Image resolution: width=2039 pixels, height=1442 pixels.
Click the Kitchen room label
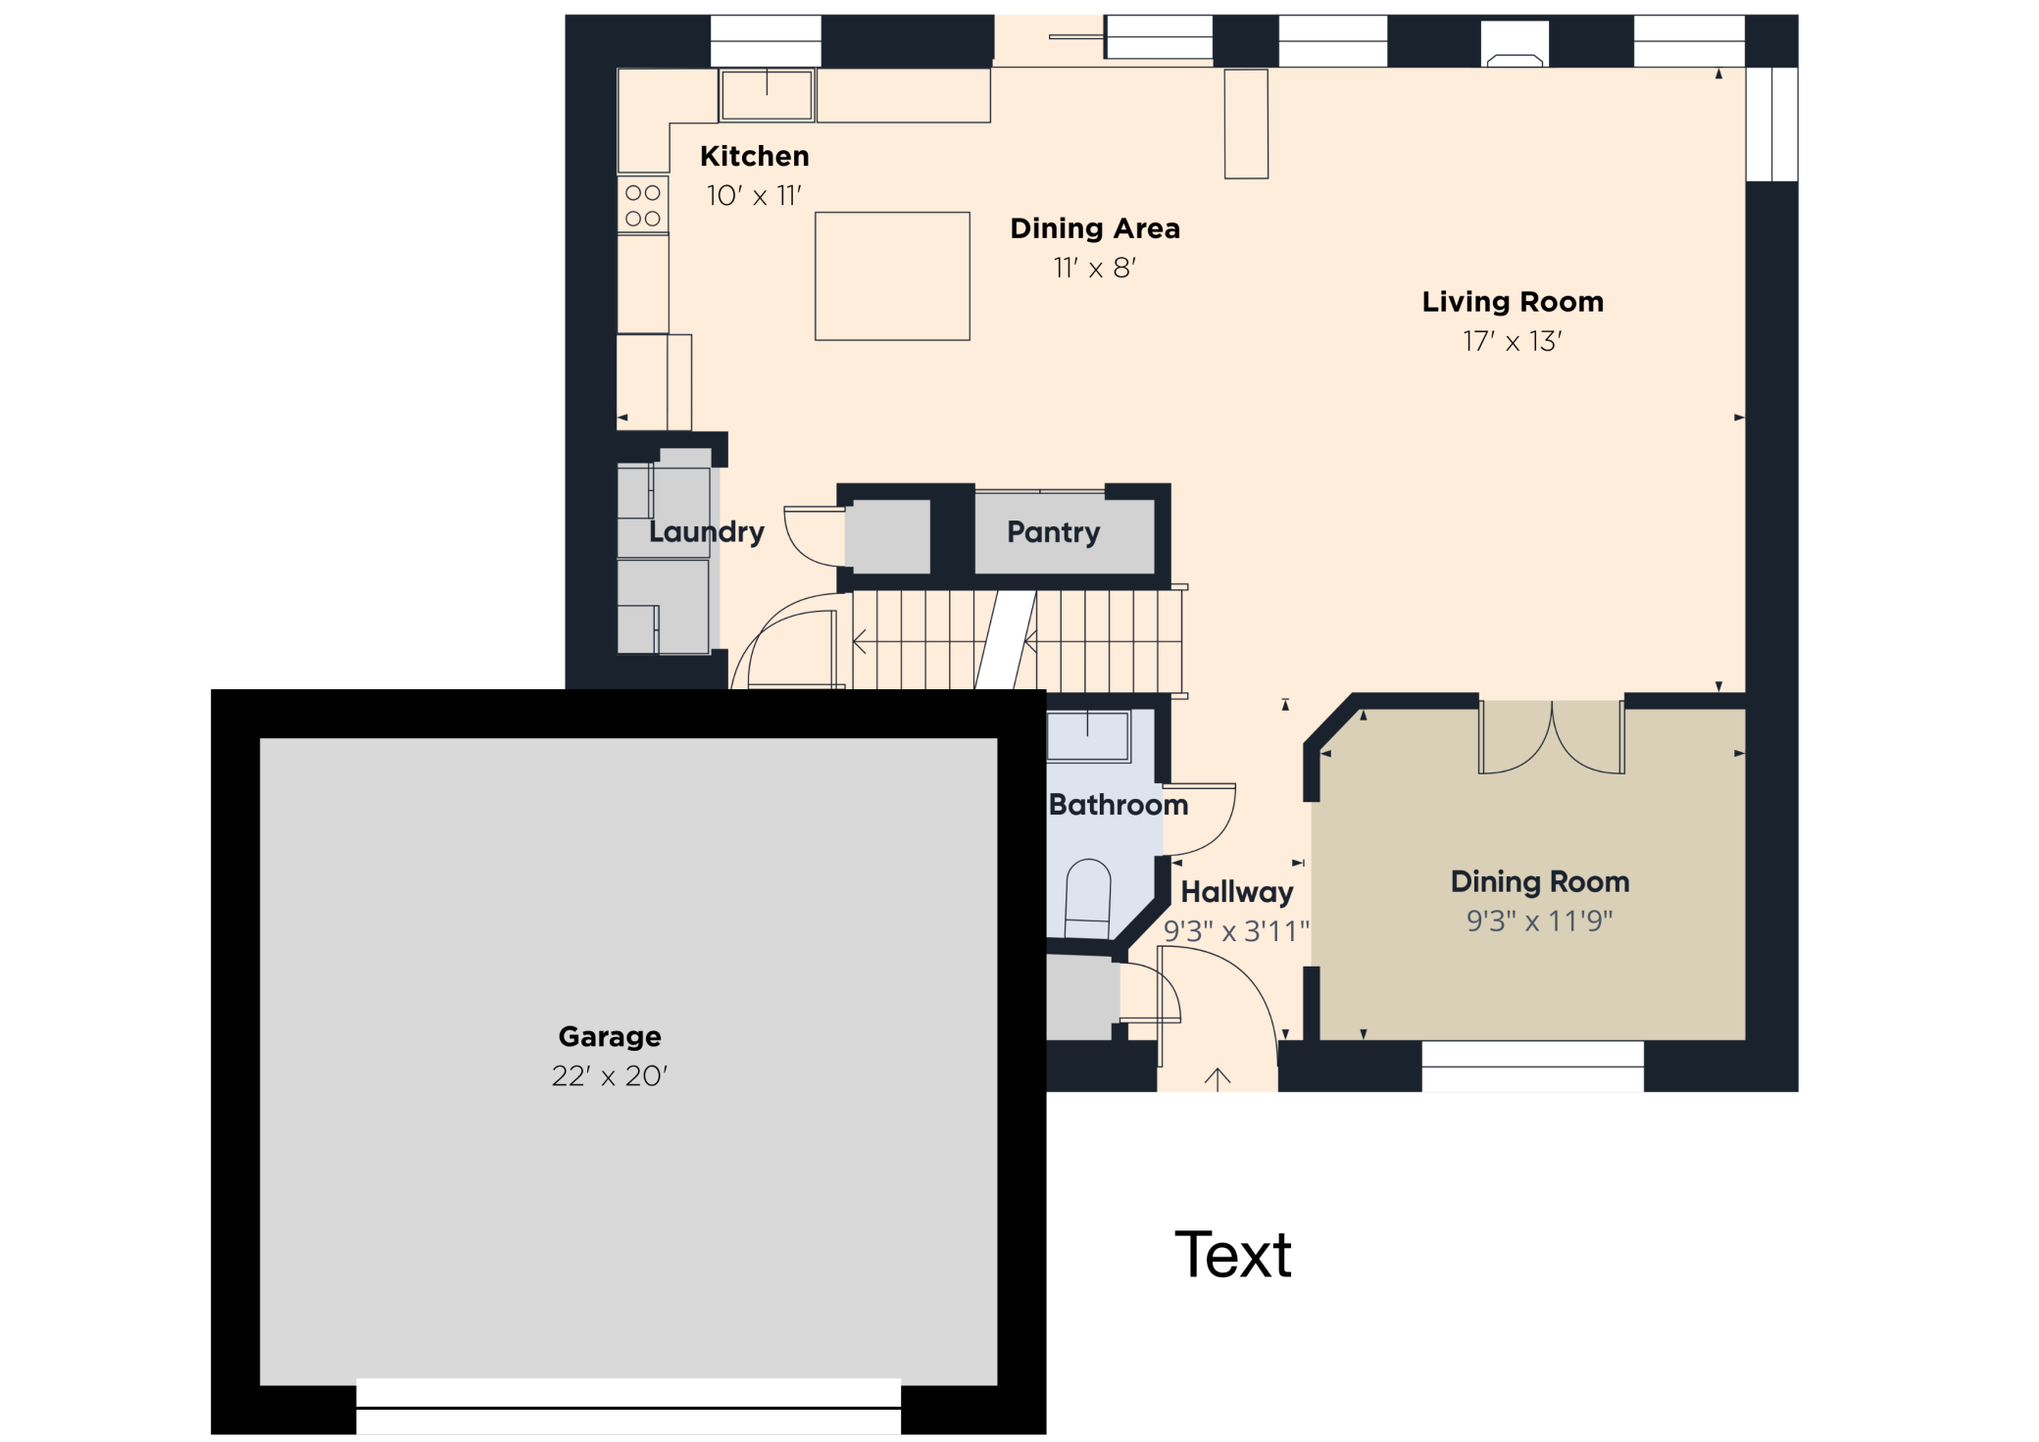pos(754,156)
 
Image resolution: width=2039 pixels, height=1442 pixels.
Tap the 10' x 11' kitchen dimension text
pos(754,196)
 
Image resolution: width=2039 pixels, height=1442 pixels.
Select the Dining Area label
pos(1095,228)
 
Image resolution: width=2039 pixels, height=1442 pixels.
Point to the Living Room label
pos(1513,302)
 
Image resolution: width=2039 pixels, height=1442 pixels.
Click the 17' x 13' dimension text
pos(1513,341)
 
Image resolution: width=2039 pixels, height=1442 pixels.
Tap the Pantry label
pos(1054,532)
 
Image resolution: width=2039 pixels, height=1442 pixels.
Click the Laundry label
pos(706,532)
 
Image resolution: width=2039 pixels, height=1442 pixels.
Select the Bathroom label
pos(1119,805)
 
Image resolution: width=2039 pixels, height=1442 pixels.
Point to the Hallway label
pos(1237,892)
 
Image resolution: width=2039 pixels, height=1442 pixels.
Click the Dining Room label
pos(1540,882)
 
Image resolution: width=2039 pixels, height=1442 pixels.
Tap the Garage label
pos(610,1036)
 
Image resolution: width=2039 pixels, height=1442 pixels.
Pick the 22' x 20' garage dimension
pos(610,1076)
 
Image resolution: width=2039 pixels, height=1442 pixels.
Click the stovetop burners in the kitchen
pos(643,205)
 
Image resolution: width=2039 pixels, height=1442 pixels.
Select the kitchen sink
pos(767,95)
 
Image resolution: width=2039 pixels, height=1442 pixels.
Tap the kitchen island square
pos(892,276)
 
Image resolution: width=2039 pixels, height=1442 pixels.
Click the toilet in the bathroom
pos(1087,899)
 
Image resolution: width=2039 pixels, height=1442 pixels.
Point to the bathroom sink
pos(1087,736)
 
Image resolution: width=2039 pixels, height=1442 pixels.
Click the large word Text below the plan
pos(1233,1255)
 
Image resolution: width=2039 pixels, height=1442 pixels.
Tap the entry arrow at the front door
pos(1218,1079)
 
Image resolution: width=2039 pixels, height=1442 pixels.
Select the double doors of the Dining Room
pos(1552,738)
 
